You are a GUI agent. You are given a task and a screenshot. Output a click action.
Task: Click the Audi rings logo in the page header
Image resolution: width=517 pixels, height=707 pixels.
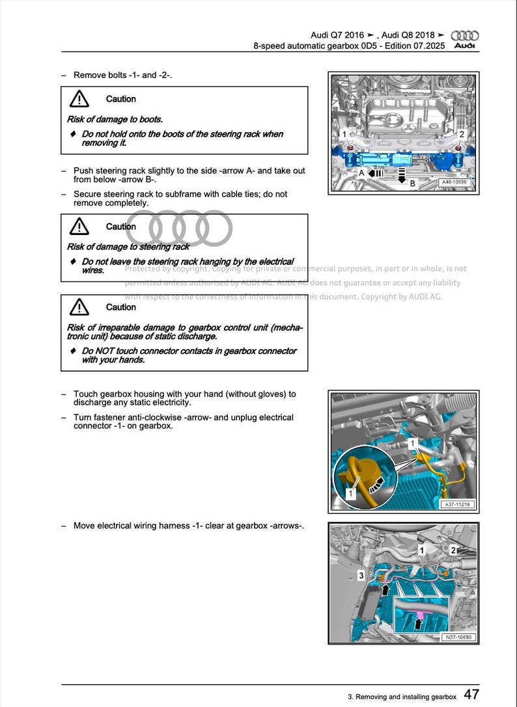(464, 36)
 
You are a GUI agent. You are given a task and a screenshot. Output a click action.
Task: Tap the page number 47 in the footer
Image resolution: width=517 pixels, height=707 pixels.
(472, 695)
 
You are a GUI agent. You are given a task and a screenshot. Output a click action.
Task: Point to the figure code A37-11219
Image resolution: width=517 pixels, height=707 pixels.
(458, 505)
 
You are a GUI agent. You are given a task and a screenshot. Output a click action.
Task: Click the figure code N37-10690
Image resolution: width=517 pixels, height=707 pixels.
(458, 637)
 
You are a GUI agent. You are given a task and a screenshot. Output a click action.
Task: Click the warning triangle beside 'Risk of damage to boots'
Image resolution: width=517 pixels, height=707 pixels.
(79, 99)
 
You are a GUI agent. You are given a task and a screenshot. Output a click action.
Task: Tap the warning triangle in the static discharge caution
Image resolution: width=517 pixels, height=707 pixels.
(79, 307)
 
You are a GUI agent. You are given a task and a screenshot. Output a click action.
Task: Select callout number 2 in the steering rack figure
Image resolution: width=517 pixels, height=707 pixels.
(462, 135)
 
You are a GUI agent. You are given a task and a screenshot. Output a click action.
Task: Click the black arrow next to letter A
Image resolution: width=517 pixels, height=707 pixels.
(374, 174)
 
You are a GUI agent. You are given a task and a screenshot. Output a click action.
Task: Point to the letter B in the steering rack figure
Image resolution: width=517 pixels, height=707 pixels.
(412, 184)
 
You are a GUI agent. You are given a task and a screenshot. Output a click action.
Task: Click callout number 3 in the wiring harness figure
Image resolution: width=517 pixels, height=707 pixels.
(361, 575)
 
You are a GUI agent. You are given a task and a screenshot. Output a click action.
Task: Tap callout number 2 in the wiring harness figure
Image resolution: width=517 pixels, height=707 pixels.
(454, 551)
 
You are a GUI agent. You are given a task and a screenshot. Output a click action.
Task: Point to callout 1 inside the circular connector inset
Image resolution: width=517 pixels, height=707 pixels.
(350, 494)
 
